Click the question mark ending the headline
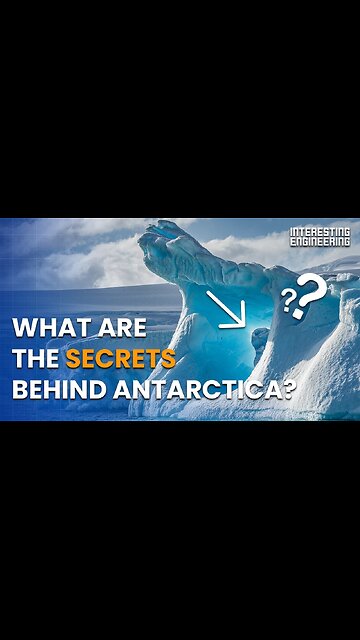(288, 389)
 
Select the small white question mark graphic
(288, 297)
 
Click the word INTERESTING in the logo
(320, 233)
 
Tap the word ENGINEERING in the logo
(320, 242)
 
